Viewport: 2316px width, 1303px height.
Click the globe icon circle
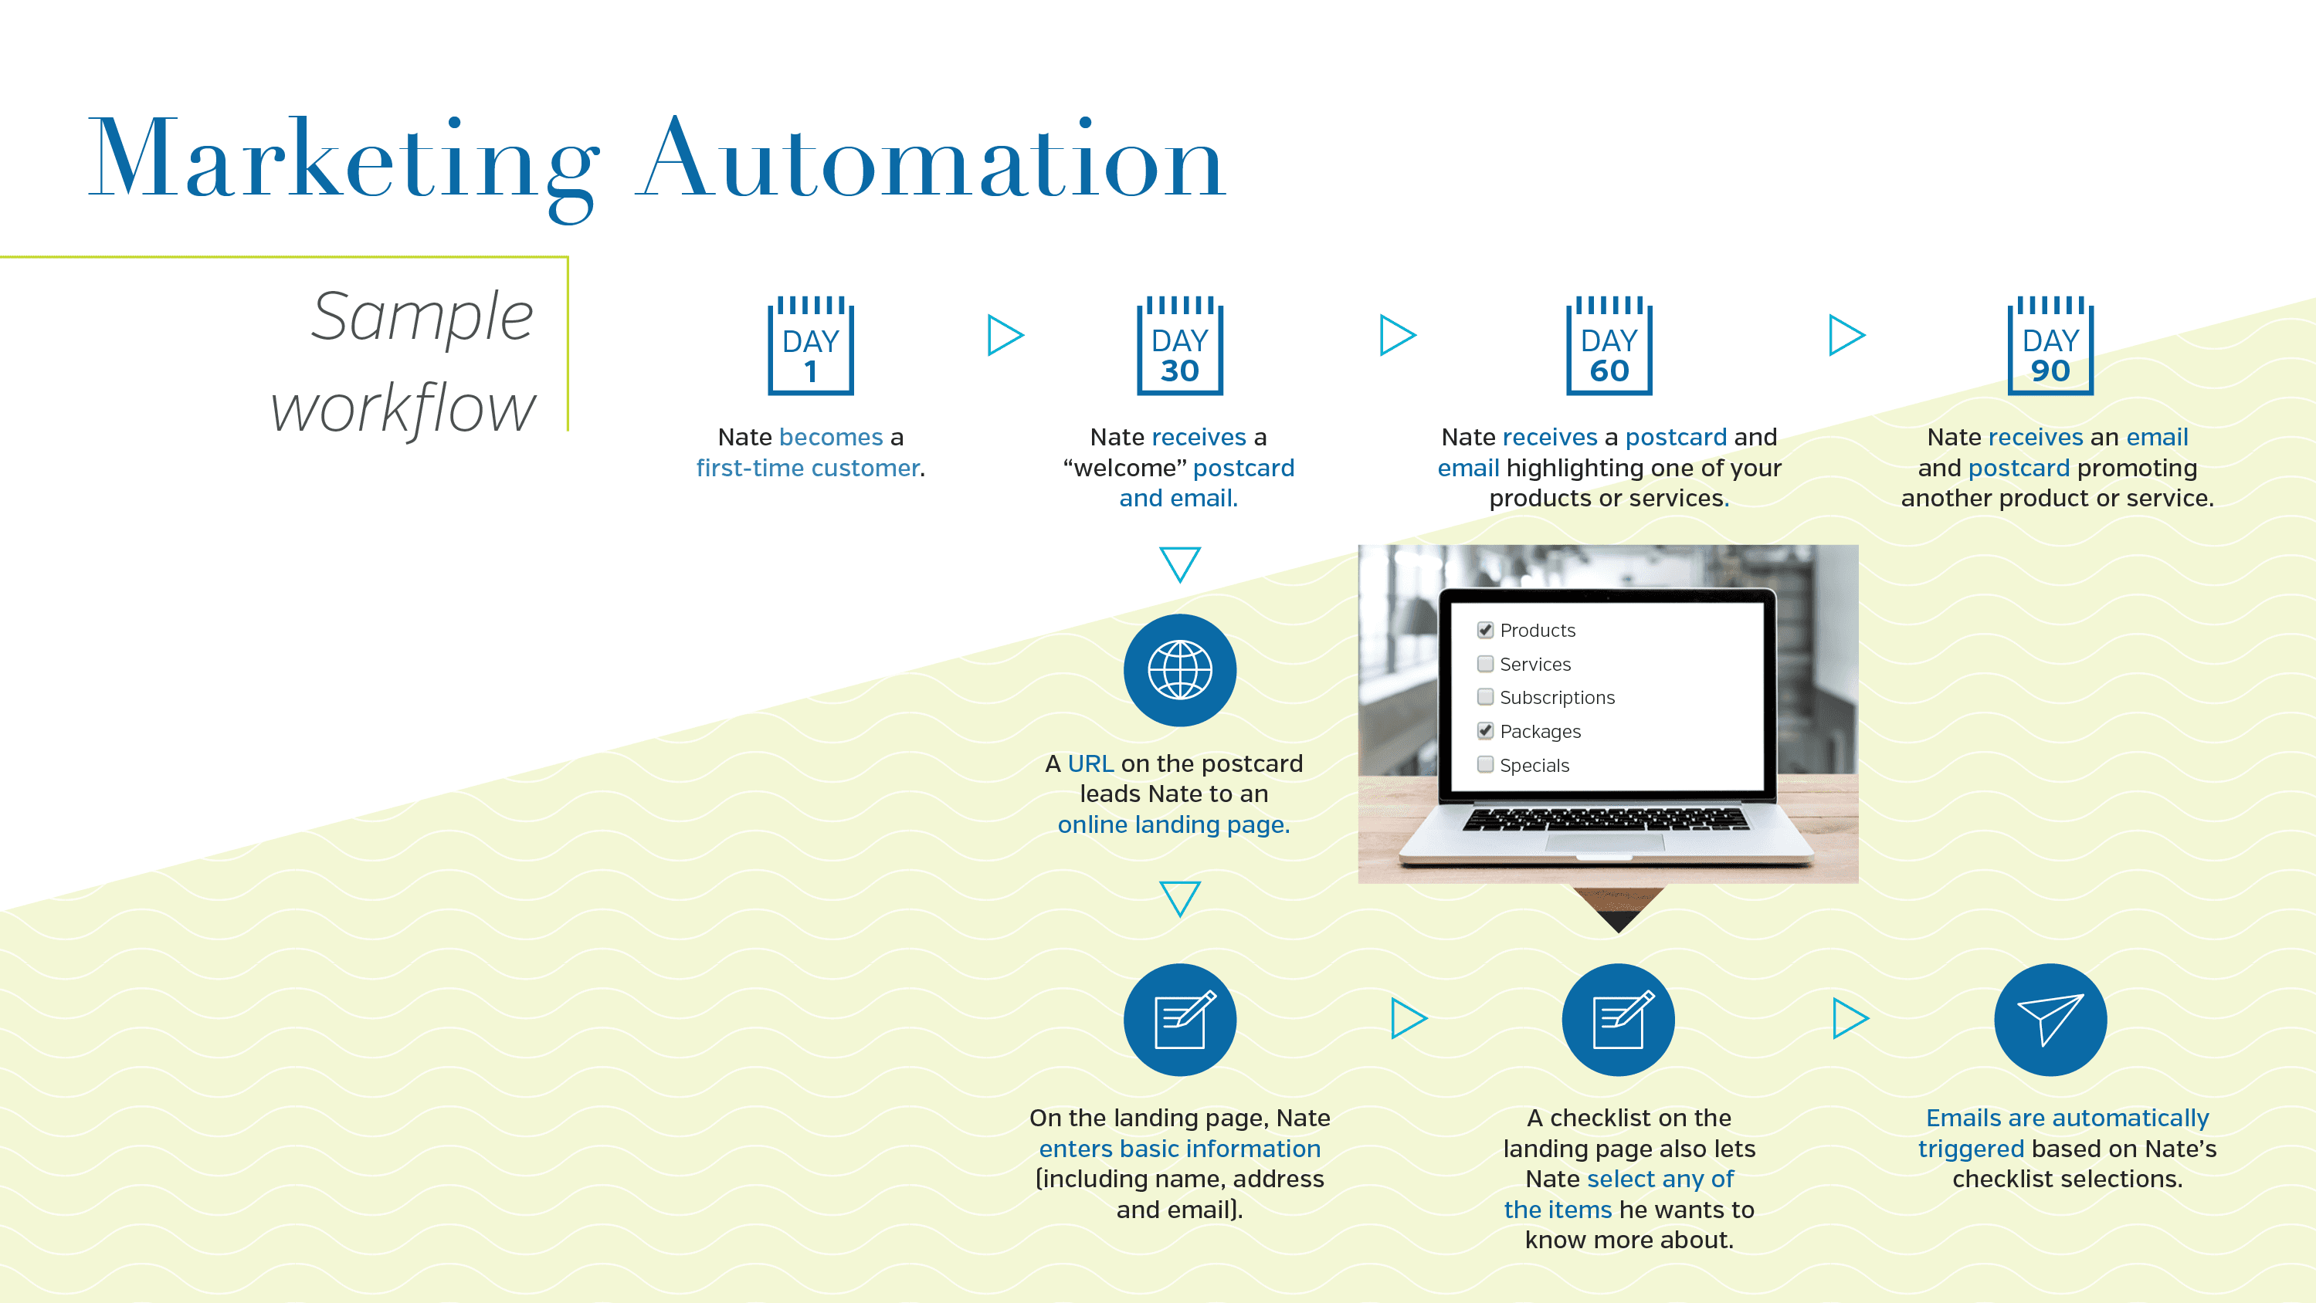[1179, 670]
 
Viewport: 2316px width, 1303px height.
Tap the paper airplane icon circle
[2050, 1020]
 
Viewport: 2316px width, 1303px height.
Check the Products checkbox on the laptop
[1485, 630]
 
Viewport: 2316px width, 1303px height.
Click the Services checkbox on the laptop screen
[1485, 664]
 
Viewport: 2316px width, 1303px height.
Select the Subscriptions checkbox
[1485, 697]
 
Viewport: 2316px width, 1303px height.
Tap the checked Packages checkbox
[1485, 730]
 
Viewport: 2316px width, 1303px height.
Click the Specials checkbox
[1485, 765]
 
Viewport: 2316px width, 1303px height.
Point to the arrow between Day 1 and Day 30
[1004, 335]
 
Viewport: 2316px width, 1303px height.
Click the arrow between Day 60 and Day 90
[1846, 335]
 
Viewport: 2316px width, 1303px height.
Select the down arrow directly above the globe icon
[1179, 564]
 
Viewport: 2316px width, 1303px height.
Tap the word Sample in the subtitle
[422, 317]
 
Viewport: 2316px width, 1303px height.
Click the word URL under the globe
[1090, 764]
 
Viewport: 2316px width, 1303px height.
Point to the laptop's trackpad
[1605, 843]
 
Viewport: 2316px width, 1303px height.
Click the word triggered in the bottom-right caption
[1971, 1149]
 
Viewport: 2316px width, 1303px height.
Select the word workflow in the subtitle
[403, 409]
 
